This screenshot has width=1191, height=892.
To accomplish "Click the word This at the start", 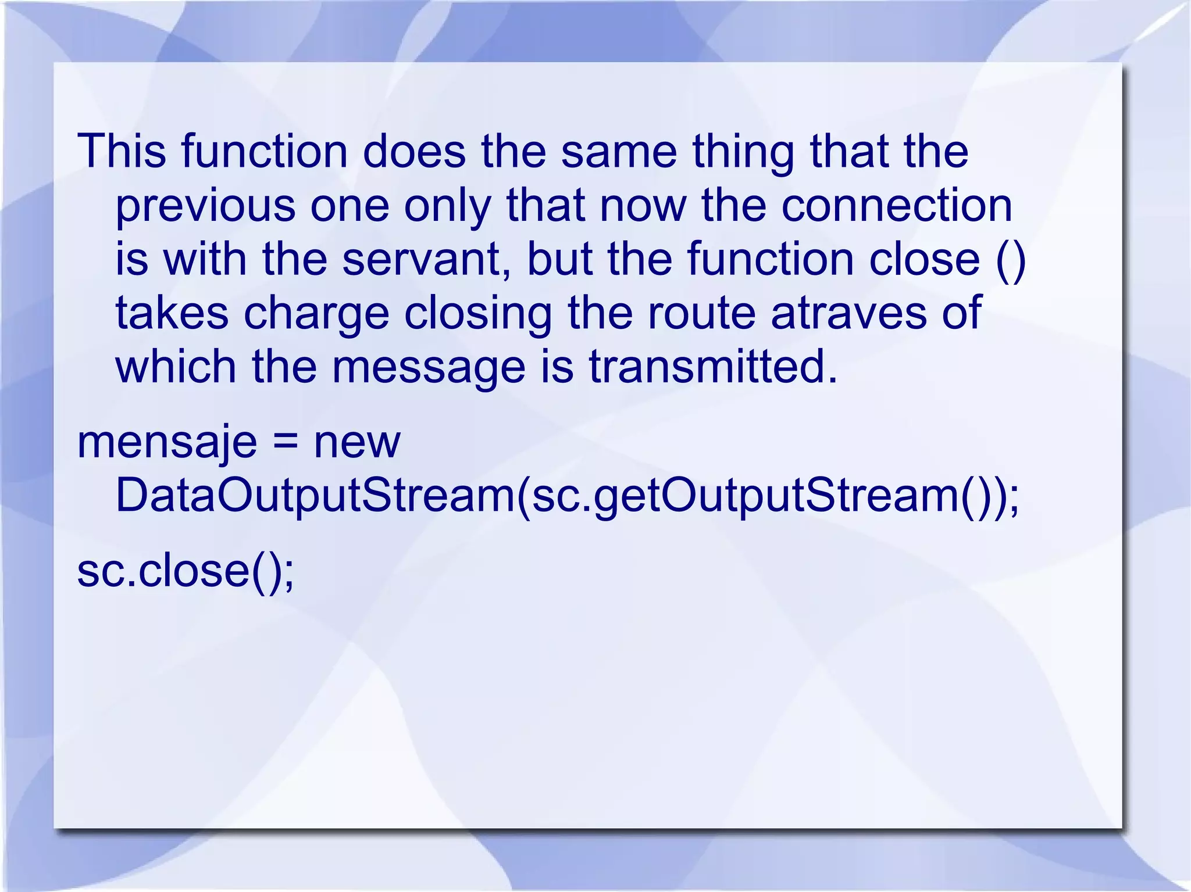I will click(x=122, y=151).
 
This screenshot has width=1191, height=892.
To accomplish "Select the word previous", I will click(x=205, y=206).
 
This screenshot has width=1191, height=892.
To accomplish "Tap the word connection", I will click(x=896, y=206).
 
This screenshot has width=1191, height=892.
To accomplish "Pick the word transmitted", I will click(x=713, y=367).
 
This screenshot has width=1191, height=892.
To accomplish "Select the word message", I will click(x=429, y=368).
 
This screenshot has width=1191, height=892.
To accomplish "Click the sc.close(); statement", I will click(x=186, y=571).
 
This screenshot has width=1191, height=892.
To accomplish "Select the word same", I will click(x=619, y=151).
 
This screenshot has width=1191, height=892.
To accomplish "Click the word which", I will click(x=176, y=367).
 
